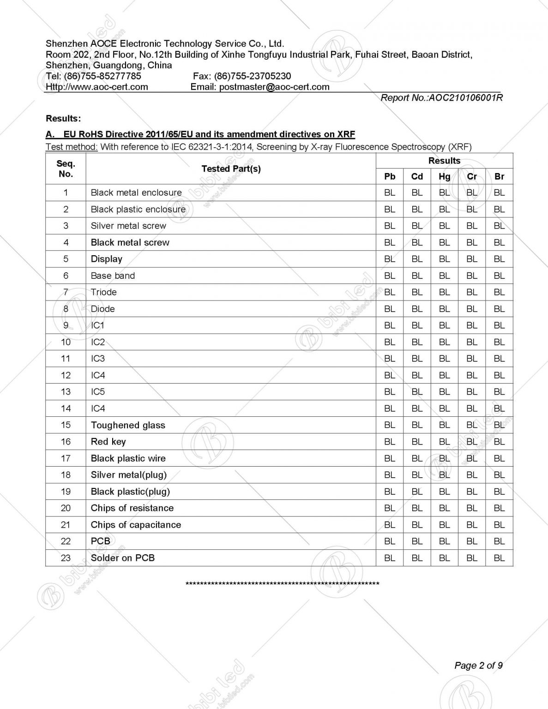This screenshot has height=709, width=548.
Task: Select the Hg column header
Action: point(444,177)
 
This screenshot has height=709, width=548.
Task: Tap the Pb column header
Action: point(390,177)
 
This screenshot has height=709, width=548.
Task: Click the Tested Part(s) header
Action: point(231,169)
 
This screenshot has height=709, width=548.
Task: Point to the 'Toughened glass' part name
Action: point(128,425)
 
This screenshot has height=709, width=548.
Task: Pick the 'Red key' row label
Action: point(108,442)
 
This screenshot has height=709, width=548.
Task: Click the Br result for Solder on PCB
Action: point(499,558)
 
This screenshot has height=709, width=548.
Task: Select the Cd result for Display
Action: point(417,259)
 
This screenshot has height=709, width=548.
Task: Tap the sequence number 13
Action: point(66,392)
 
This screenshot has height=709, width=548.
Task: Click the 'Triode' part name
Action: point(103,292)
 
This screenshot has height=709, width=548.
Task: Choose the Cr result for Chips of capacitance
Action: point(472,525)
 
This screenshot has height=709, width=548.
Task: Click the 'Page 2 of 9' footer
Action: point(478,665)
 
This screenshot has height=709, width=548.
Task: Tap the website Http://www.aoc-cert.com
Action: point(97,87)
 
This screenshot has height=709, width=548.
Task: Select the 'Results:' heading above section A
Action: point(63,119)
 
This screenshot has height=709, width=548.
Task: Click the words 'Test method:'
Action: point(72,147)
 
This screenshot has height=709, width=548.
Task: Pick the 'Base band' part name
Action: point(113,276)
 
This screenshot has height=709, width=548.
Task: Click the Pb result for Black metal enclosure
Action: point(390,192)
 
